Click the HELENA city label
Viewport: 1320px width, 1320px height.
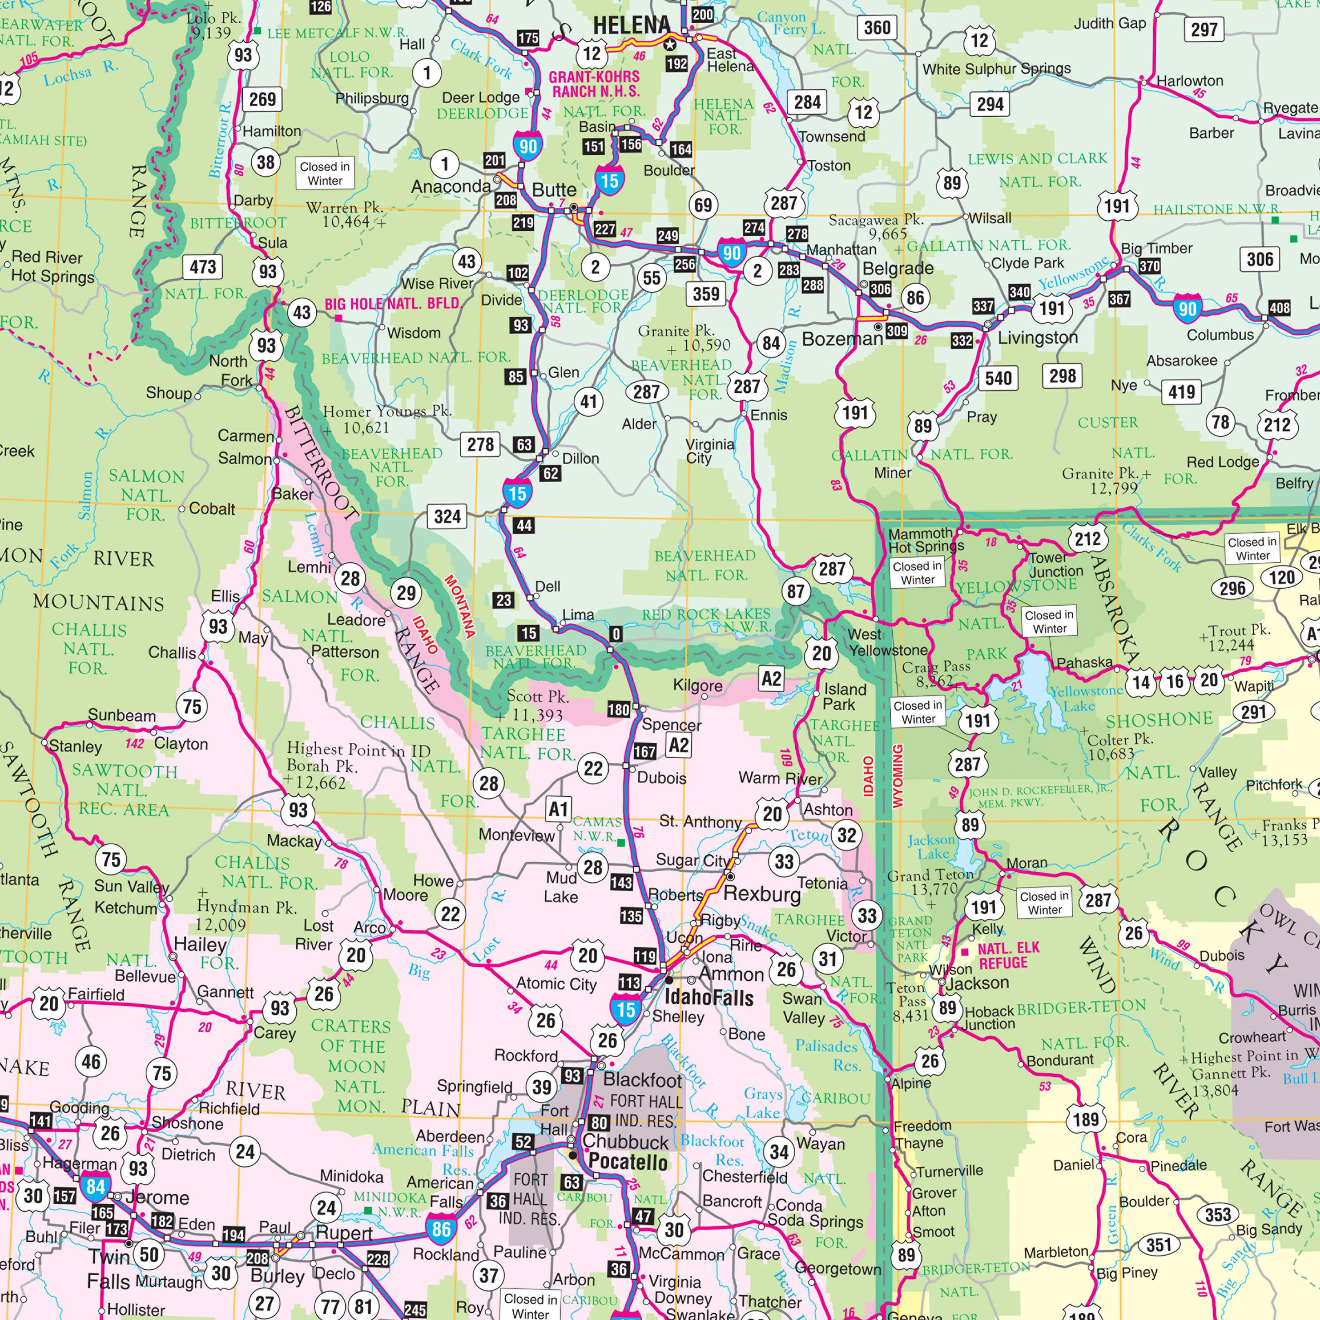pos(631,26)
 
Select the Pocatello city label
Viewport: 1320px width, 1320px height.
pos(627,1162)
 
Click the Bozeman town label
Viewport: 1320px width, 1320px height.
pos(842,339)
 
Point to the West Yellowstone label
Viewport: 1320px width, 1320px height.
pos(888,642)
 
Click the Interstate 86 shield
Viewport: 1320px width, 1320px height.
pos(441,1230)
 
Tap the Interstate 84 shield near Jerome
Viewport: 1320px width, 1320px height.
pos(95,1187)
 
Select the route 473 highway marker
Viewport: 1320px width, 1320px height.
pos(202,267)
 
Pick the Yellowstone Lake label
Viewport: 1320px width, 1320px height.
pos(1086,697)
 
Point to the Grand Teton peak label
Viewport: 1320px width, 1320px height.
pos(930,881)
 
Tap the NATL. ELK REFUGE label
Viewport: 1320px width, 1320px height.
pos(1008,955)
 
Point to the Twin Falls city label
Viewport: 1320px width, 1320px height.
pos(109,1269)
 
